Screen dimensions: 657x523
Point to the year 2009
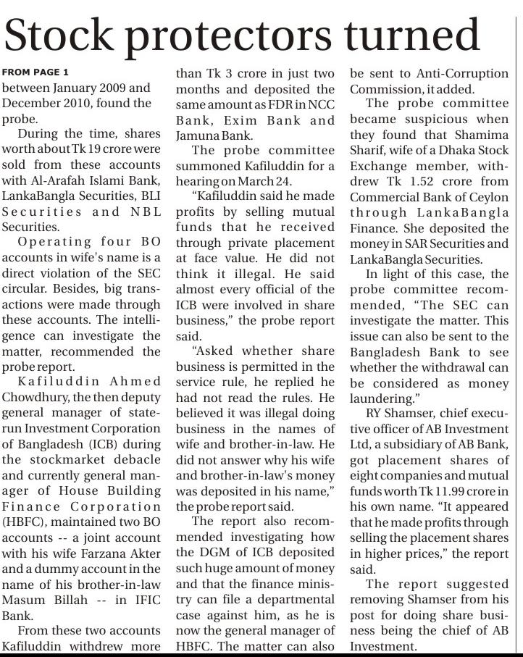point(109,88)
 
